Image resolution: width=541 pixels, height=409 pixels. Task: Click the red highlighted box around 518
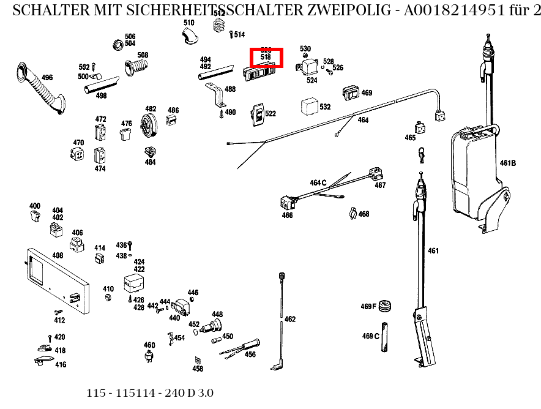coord(266,58)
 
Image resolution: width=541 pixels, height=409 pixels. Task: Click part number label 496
coord(47,78)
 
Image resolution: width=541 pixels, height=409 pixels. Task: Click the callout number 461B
coord(507,163)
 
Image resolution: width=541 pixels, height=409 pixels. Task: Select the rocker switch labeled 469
coord(351,92)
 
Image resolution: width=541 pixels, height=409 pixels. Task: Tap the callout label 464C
coord(318,182)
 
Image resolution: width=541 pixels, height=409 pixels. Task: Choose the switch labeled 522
coord(258,114)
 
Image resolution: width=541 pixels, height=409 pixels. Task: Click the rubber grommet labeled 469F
coord(385,306)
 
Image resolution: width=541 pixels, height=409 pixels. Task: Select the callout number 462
coord(290,319)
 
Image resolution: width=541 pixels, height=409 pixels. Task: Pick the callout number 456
coord(250,354)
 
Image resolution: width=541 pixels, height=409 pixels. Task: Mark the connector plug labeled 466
coord(285,201)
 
